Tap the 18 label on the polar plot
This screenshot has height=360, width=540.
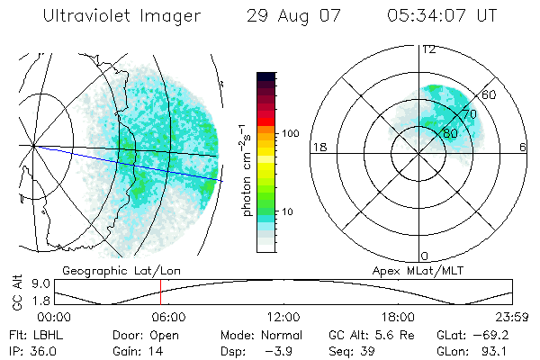click(x=318, y=147)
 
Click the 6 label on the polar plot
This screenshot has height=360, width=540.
click(x=523, y=147)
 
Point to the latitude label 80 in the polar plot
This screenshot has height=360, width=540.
click(x=450, y=134)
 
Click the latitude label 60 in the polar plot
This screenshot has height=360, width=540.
click(x=490, y=94)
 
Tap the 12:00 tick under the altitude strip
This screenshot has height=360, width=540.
click(x=283, y=317)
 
